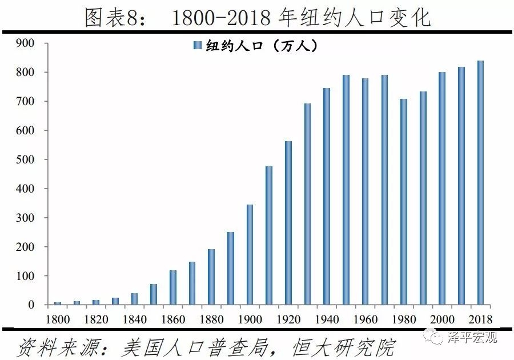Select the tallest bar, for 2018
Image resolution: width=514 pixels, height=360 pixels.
coord(480,183)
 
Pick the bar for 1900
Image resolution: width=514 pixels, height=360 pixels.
coord(250,254)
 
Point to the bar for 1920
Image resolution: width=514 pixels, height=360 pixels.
coord(288,223)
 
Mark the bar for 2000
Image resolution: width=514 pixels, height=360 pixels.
coord(442,189)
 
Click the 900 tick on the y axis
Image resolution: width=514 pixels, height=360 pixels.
coord(26,43)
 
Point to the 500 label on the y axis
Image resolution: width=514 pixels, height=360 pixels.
coord(26,159)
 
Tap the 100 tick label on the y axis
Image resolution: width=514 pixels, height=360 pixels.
coord(26,276)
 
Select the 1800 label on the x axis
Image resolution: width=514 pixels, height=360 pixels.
coord(58,318)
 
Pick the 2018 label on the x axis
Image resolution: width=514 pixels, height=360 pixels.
coord(480,318)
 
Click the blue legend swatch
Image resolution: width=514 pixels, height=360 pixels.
coord(198,46)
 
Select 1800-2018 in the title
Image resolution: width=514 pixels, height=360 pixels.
coord(220,18)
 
